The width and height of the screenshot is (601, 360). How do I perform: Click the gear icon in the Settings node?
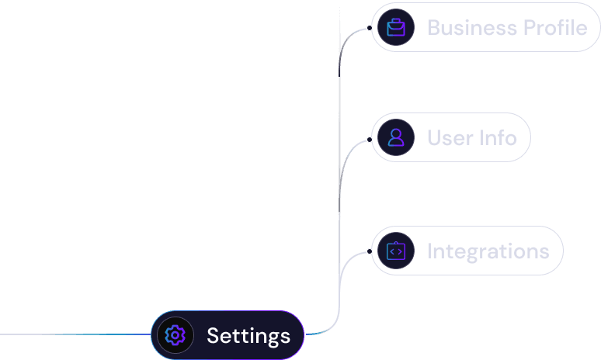[x=175, y=335]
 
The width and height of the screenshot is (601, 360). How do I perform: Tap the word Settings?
[x=248, y=336]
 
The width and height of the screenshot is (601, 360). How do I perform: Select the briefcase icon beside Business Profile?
[x=396, y=28]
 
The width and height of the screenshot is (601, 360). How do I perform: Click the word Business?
[x=472, y=28]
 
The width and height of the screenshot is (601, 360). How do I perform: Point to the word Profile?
[x=555, y=28]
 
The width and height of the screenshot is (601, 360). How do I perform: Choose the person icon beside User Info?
[x=396, y=137]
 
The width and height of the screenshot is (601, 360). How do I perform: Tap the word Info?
[x=498, y=137]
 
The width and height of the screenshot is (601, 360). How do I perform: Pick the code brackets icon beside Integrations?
[x=396, y=251]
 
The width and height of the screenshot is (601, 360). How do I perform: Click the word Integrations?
[x=488, y=251]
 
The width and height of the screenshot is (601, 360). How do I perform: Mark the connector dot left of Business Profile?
[x=369, y=28]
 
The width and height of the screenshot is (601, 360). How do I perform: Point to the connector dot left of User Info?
[x=369, y=140]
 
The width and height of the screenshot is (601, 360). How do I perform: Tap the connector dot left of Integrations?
[x=369, y=251]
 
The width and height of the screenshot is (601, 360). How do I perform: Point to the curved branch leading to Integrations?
[x=345, y=265]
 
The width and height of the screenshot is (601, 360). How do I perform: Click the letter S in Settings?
[x=214, y=335]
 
